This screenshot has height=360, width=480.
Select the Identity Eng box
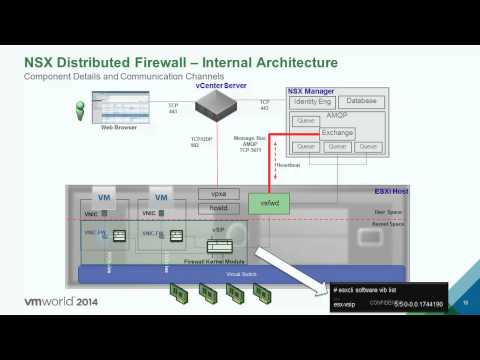tap(312, 102)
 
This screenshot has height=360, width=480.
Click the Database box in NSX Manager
tap(360, 102)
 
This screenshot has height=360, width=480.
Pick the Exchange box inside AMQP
tap(338, 132)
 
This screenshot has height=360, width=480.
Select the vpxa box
tap(218, 193)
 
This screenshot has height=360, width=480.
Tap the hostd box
tap(218, 209)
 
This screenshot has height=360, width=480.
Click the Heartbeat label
tap(287, 164)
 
